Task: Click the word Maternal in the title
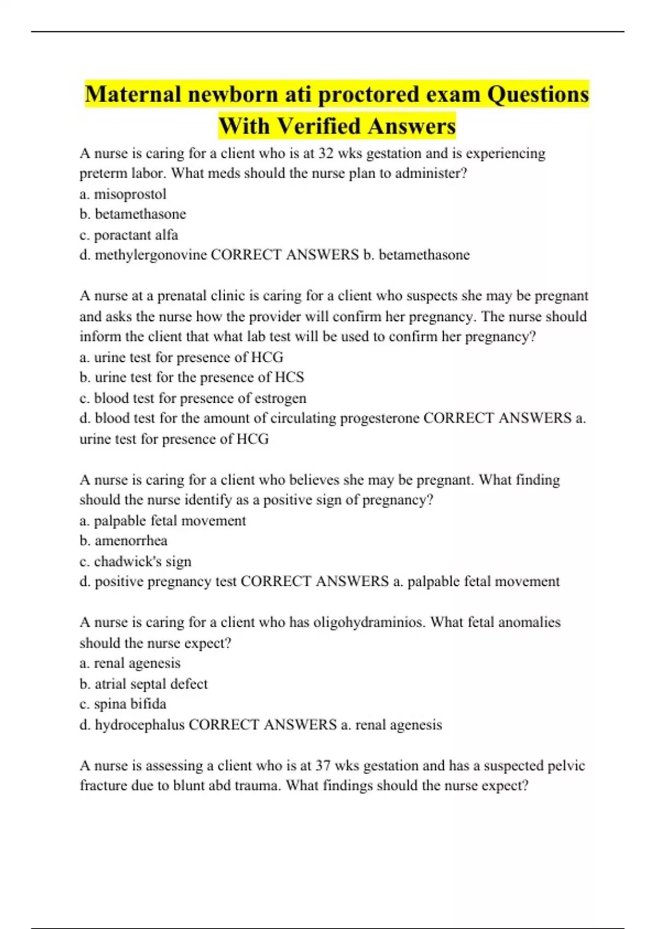coord(133,95)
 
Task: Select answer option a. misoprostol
coord(123,194)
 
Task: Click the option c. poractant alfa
coord(129,235)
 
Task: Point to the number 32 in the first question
coord(326,154)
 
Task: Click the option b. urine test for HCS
coord(192,378)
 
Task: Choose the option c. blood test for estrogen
coord(193,398)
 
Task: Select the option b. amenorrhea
coord(124,541)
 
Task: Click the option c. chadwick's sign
coord(136,562)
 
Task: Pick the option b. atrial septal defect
coord(144,684)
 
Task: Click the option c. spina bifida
coord(123,704)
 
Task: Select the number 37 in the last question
coord(323,766)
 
